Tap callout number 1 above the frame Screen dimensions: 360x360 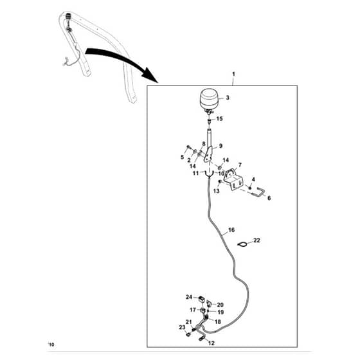tap(233, 74)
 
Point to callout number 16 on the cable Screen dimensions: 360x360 tap(231, 230)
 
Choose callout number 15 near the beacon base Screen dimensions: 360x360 tap(219, 119)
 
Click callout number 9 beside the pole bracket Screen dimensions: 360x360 tap(221, 146)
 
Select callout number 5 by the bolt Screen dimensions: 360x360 tap(182, 157)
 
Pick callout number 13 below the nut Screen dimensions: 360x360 tap(217, 191)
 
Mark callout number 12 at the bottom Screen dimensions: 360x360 tap(212, 343)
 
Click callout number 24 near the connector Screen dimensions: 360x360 tap(189, 297)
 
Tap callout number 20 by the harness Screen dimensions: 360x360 tap(220, 305)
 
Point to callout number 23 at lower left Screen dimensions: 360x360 tap(182, 327)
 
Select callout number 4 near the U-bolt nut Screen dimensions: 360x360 tap(253, 179)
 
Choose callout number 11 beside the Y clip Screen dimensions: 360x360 tap(195, 173)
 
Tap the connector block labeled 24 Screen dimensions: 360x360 tap(201, 299)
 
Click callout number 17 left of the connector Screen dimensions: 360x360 tap(193, 310)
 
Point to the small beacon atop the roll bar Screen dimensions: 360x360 tap(67, 16)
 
